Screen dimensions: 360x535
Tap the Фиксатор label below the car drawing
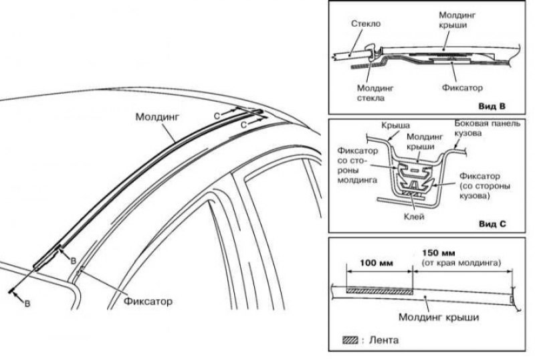148,300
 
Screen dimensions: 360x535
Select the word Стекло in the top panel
364,23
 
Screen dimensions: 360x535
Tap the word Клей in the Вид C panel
415,216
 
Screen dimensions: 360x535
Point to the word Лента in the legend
385,340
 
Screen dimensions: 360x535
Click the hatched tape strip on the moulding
379,290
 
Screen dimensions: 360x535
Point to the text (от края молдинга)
460,264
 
